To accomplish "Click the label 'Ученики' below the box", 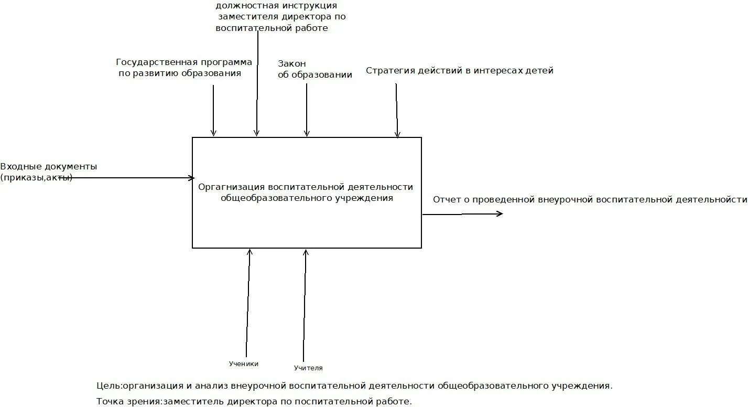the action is tap(243, 363).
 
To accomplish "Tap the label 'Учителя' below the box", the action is tap(308, 368).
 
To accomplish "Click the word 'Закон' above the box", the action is tap(292, 63).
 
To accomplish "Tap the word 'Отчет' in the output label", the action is tap(447, 199).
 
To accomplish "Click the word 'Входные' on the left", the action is tap(20, 166).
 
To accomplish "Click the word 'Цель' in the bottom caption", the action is tap(109, 385).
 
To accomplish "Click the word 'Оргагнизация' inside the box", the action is tap(231, 187).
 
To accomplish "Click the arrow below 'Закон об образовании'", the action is tap(307, 110).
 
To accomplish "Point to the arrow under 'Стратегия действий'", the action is tap(397, 110).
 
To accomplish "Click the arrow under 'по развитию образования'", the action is tap(213, 110).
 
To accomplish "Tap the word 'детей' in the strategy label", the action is tap(540, 70).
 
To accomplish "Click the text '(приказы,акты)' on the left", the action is tap(36, 177).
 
